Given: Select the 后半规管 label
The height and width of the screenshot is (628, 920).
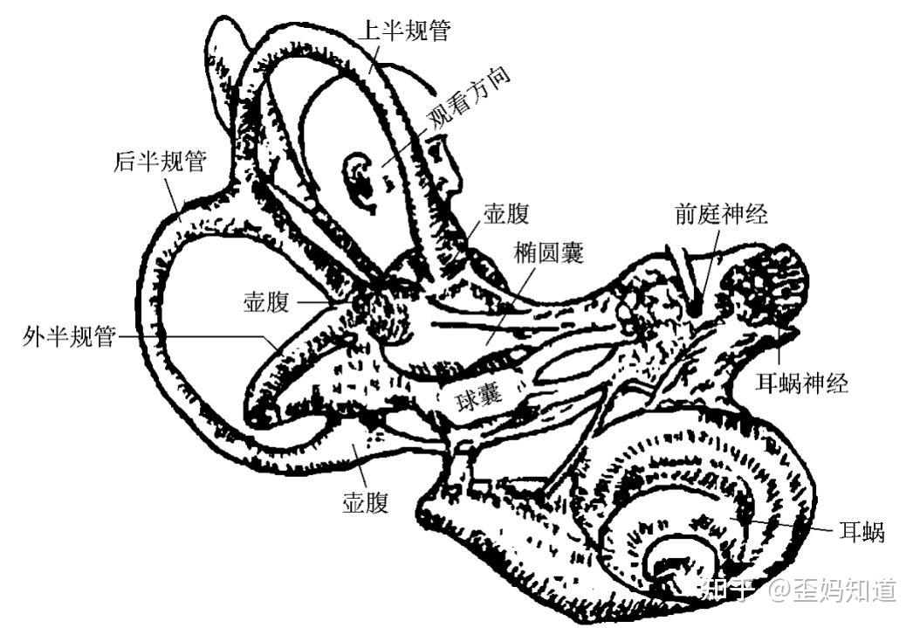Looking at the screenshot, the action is [x=159, y=162].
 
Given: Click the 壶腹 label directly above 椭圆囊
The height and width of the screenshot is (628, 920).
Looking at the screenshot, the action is [x=506, y=214].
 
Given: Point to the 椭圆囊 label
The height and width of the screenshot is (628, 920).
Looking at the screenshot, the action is [x=549, y=253].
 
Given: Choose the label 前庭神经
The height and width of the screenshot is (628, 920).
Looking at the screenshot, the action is [x=721, y=214].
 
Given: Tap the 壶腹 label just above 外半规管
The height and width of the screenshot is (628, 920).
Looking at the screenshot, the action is [x=268, y=302].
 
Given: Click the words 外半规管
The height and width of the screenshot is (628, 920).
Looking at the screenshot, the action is [x=69, y=336].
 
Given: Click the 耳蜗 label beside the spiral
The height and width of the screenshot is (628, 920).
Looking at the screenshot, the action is [x=862, y=531].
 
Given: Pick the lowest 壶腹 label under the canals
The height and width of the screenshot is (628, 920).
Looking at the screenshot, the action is [x=364, y=503].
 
